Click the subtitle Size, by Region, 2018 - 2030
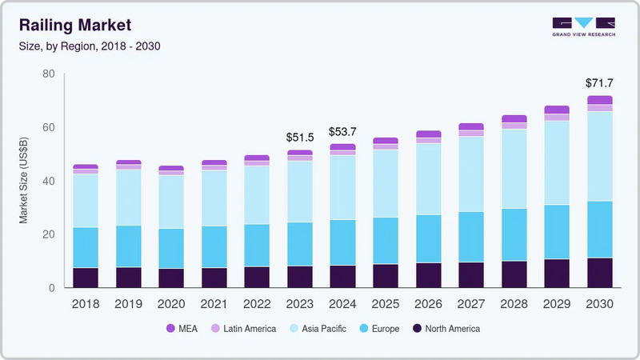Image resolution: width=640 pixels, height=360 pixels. pos(90,46)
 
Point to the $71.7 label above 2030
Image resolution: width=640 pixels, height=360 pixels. pos(599,83)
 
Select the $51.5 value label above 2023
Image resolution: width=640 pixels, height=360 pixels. pos(299,138)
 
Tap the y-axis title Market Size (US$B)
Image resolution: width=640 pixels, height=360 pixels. pos(25,181)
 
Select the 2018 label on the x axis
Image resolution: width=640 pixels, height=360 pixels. pos(86,304)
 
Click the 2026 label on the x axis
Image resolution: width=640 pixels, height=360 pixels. pos(428,304)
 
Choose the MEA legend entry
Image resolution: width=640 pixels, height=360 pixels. pos(182,329)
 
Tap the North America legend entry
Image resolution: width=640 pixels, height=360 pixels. pos(446,329)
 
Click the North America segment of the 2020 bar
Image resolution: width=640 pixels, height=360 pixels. pos(171,278)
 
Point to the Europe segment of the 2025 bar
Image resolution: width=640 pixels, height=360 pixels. pos(386,240)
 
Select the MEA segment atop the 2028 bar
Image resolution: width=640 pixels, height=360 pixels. pos(514,118)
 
